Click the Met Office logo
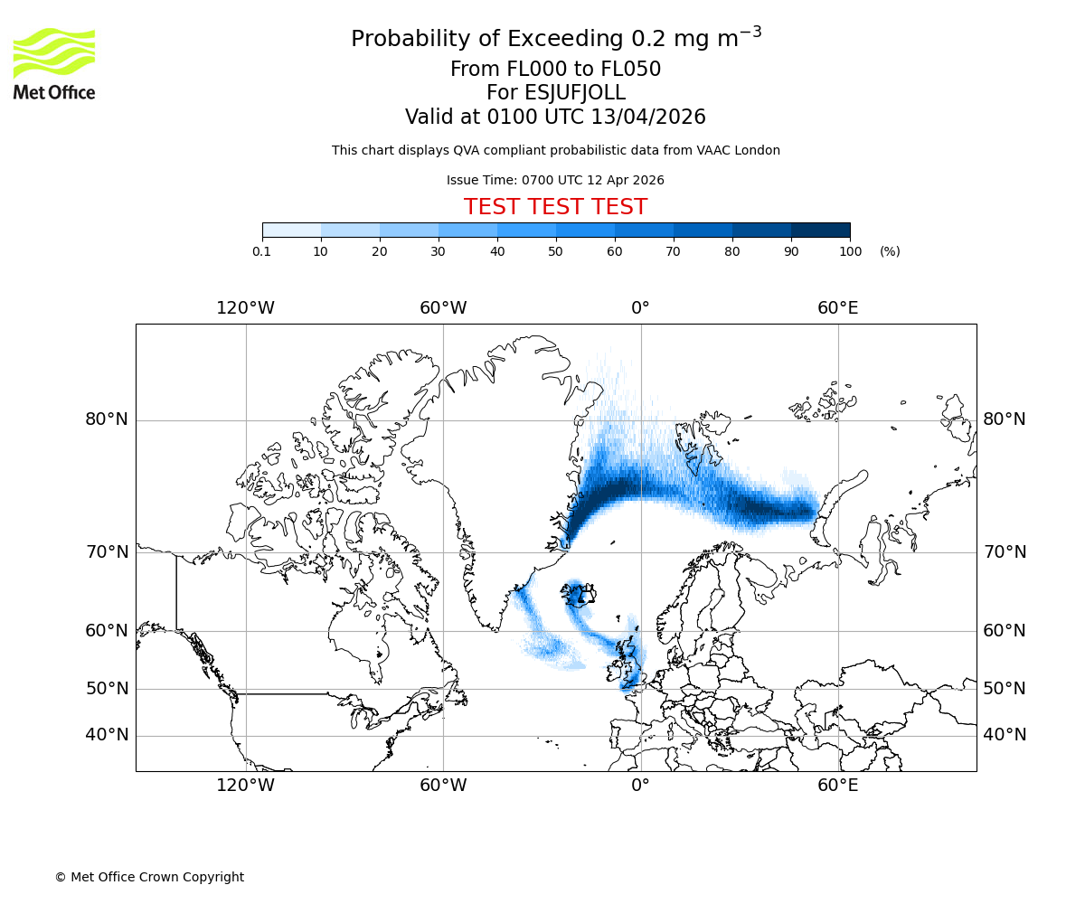(54, 63)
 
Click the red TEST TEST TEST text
(555, 207)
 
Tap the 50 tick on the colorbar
(556, 251)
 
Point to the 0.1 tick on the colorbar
(262, 251)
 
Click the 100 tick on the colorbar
(850, 251)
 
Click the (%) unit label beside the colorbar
(890, 251)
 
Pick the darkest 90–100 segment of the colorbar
(820, 230)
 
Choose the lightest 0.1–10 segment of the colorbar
(291, 230)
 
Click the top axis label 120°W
(245, 308)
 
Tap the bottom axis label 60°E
(837, 785)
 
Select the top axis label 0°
(640, 308)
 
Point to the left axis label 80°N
(107, 419)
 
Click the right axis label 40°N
(1005, 735)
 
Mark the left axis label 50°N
(107, 689)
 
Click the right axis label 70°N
(1005, 552)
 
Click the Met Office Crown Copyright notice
(149, 877)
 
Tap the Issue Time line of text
(555, 180)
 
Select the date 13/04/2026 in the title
(648, 117)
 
